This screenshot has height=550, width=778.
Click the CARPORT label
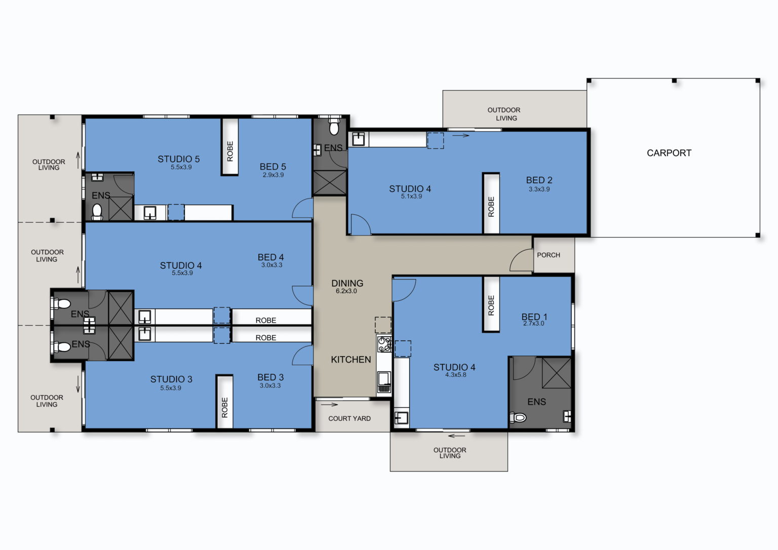[x=669, y=153]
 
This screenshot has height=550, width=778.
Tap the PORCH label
[x=549, y=255]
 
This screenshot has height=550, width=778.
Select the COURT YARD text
[x=349, y=418]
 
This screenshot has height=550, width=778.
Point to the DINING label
[x=347, y=284]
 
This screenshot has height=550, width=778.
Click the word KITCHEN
[x=351, y=360]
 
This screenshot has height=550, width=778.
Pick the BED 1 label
[x=534, y=317]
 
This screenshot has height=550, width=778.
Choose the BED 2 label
[x=539, y=180]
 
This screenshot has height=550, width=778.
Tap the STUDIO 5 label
[x=178, y=159]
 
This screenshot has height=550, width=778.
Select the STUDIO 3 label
[x=171, y=379]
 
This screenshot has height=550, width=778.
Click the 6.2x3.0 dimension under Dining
[x=346, y=291]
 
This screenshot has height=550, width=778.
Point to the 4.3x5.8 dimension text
[x=456, y=375]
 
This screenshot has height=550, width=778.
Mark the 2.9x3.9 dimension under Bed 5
[x=273, y=175]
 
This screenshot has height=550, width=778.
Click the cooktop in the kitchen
[x=384, y=344]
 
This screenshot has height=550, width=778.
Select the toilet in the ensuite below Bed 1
[x=519, y=418]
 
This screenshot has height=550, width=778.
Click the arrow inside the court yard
[x=329, y=404]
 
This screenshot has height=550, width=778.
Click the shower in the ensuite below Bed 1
[x=556, y=373]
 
